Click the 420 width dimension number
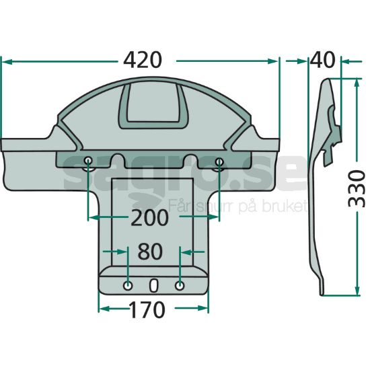143,61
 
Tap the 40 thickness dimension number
322,61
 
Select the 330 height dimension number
357,189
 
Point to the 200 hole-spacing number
149,217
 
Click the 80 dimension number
150,252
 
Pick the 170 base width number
147,309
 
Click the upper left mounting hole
88,161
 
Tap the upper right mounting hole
219,161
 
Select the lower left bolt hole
128,286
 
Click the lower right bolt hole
180,286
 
